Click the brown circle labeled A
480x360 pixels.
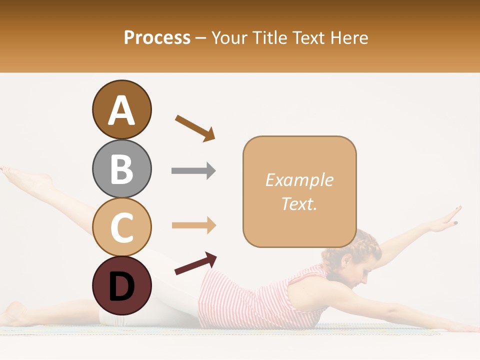(x=121, y=109)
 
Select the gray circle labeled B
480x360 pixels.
(x=121, y=168)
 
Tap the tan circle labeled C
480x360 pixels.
(x=121, y=227)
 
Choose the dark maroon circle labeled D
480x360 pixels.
(x=121, y=285)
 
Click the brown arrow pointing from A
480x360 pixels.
(x=195, y=127)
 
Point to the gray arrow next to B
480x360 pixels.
(x=193, y=170)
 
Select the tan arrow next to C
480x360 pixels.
(x=193, y=225)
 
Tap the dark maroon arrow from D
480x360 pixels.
(x=195, y=263)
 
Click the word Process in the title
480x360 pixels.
(x=157, y=37)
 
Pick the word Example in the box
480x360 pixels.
(x=299, y=180)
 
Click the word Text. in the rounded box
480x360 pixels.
(x=299, y=203)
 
